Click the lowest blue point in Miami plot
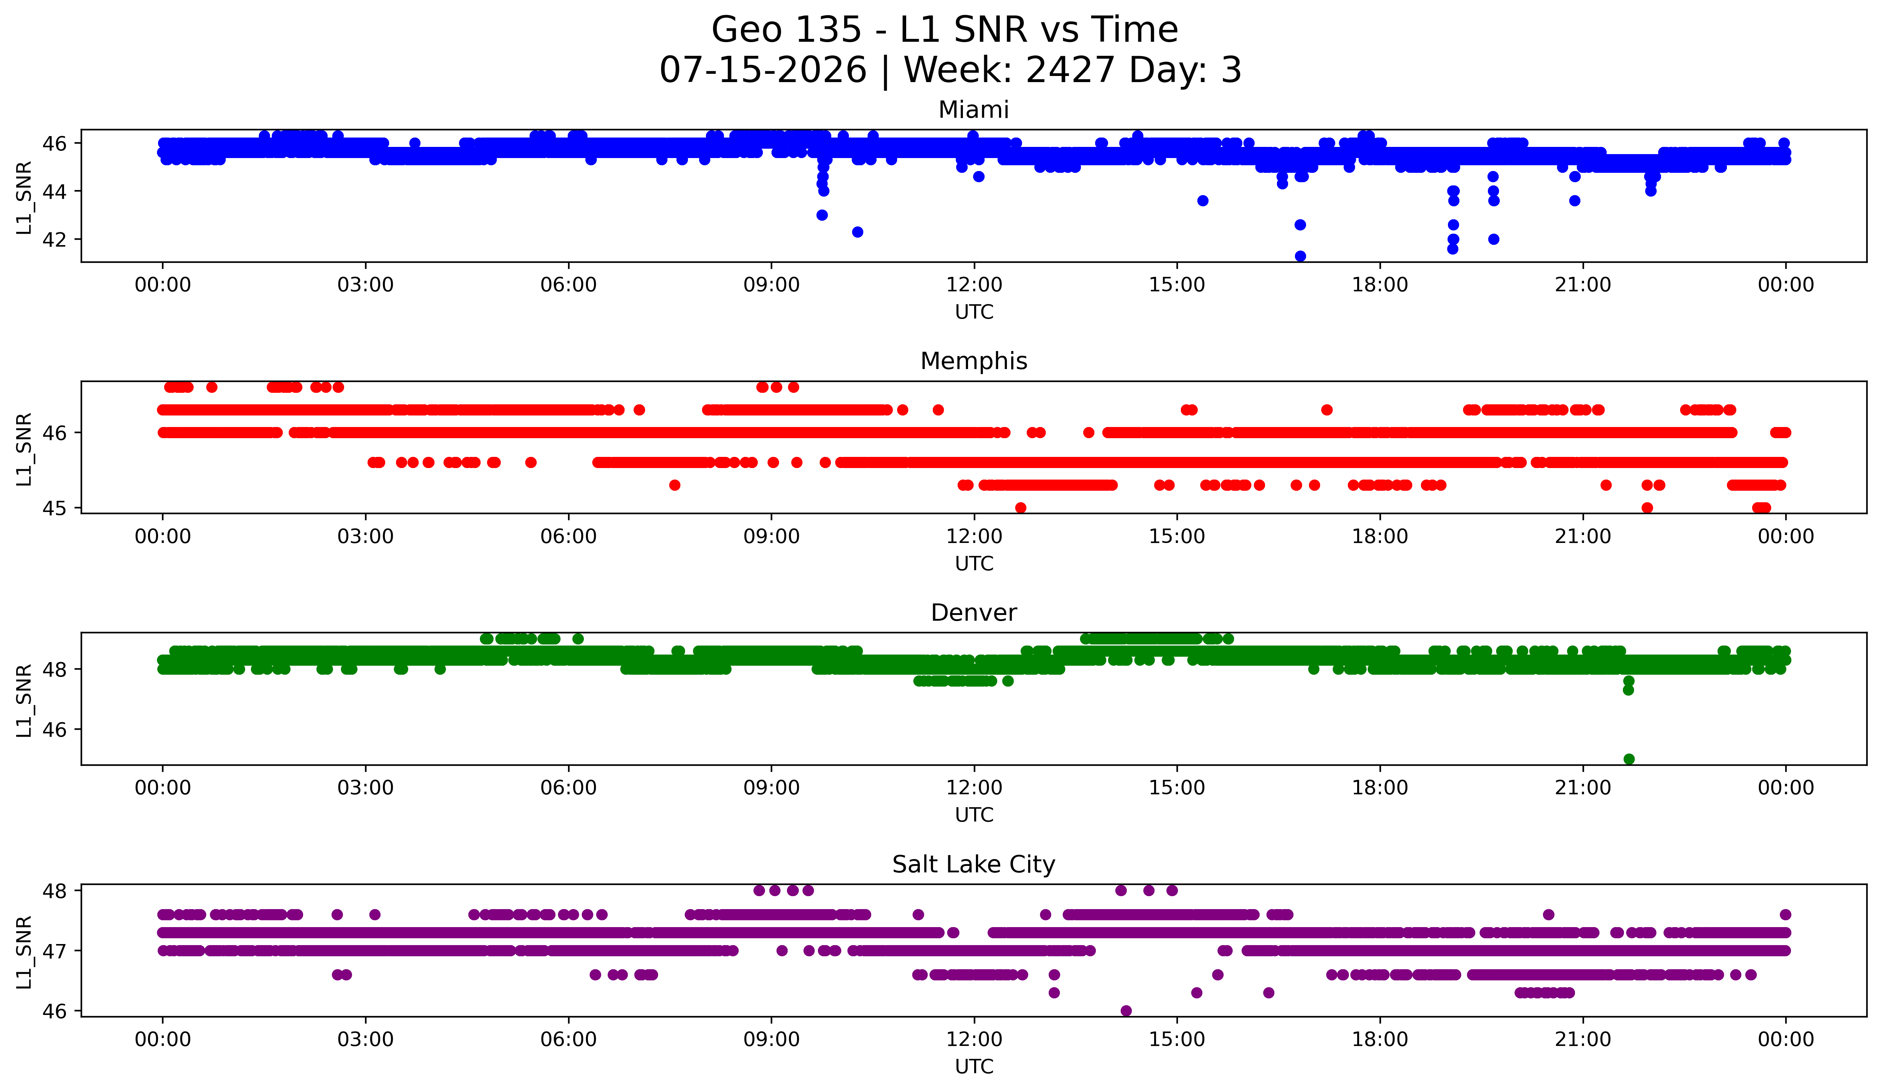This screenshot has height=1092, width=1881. pyautogui.click(x=1300, y=256)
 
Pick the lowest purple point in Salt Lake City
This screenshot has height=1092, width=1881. pyautogui.click(x=1126, y=1011)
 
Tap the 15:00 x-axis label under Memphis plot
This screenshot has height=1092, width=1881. pyautogui.click(x=1177, y=537)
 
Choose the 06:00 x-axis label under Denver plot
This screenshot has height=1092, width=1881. pyautogui.click(x=569, y=788)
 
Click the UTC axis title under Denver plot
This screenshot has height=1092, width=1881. pyautogui.click(x=974, y=815)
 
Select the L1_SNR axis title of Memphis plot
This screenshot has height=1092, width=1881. pyautogui.click(x=24, y=449)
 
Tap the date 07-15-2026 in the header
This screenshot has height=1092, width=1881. pyautogui.click(x=763, y=70)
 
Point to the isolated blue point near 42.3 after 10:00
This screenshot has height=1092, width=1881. pyautogui.click(x=858, y=232)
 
